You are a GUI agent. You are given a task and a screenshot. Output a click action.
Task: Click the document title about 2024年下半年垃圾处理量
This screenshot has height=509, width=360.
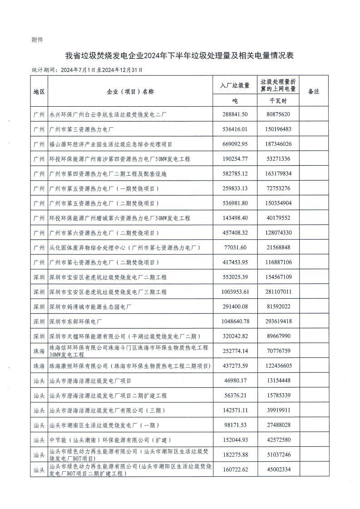pos(180,56)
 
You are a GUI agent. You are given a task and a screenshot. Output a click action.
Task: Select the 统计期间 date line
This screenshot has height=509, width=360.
pos(87,70)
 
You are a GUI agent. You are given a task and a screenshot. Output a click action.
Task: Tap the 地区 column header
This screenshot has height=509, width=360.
pos(39,91)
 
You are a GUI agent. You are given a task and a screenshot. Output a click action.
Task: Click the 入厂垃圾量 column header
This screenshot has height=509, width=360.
pos(235,85)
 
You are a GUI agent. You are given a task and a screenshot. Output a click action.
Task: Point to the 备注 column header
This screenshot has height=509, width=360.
pos(313,91)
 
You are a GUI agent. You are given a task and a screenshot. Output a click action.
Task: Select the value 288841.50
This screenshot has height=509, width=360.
pos(235,114)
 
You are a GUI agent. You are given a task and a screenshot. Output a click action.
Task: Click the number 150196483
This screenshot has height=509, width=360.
pos(278,129)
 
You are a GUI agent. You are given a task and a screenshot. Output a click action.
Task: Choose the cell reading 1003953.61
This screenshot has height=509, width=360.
pos(235,292)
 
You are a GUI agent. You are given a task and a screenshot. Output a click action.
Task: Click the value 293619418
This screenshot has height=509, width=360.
pos(278,321)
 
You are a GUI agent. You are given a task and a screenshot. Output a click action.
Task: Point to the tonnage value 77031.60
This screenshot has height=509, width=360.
pos(235,247)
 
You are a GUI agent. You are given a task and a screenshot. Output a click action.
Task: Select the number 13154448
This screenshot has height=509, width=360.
pos(278,381)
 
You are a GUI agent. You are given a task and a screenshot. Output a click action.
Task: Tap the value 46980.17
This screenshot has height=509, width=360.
pos(235,381)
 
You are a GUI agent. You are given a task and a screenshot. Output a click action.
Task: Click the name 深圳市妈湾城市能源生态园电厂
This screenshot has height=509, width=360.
pos(90,306)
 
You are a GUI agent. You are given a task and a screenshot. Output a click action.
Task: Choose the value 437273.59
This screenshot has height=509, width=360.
pos(235,366)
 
